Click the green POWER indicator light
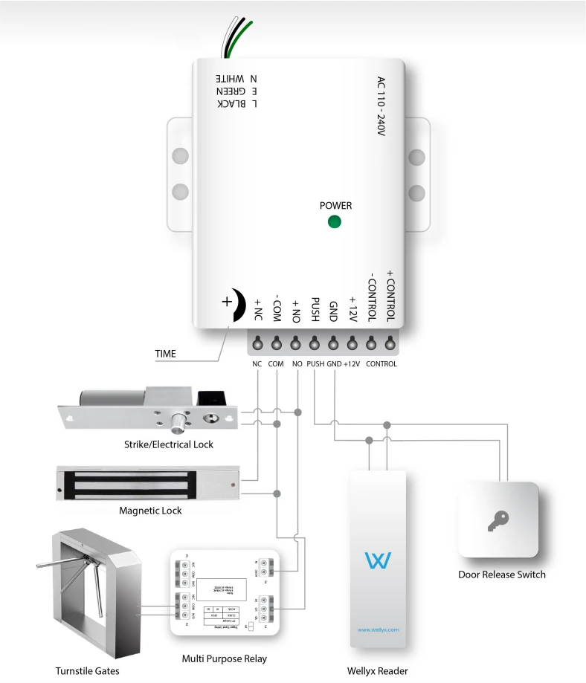[x=334, y=221]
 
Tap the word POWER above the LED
[x=335, y=205]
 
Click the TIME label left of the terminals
[x=165, y=354]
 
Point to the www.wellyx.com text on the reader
[x=379, y=629]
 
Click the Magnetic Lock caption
[x=150, y=511]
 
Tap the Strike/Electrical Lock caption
[x=169, y=444]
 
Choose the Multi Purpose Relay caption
[x=224, y=658]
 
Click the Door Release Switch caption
[x=502, y=574]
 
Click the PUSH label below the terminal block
[x=315, y=364]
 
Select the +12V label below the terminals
[x=352, y=364]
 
